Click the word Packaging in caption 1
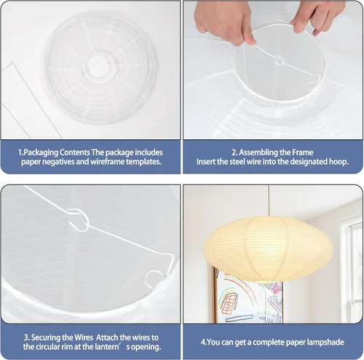coord(41,152)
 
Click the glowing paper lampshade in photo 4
coord(268,249)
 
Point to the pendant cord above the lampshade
coord(269,200)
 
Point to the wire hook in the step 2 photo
coord(280,60)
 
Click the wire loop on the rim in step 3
coord(154,279)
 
